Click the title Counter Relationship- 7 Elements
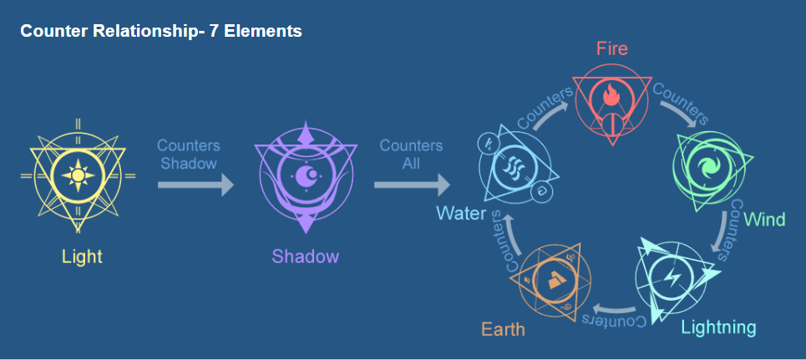[x=161, y=32]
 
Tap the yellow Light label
[x=82, y=256]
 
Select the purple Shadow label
[x=306, y=256]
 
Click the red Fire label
[x=612, y=48]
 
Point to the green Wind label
[x=765, y=221]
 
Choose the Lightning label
[x=718, y=327]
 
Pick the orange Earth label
[x=504, y=329]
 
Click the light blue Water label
[x=461, y=213]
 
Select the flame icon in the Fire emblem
[x=611, y=96]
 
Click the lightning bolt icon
[x=672, y=279]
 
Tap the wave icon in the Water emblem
[x=514, y=166]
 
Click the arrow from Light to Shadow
[x=195, y=185]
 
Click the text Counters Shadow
[x=189, y=155]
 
